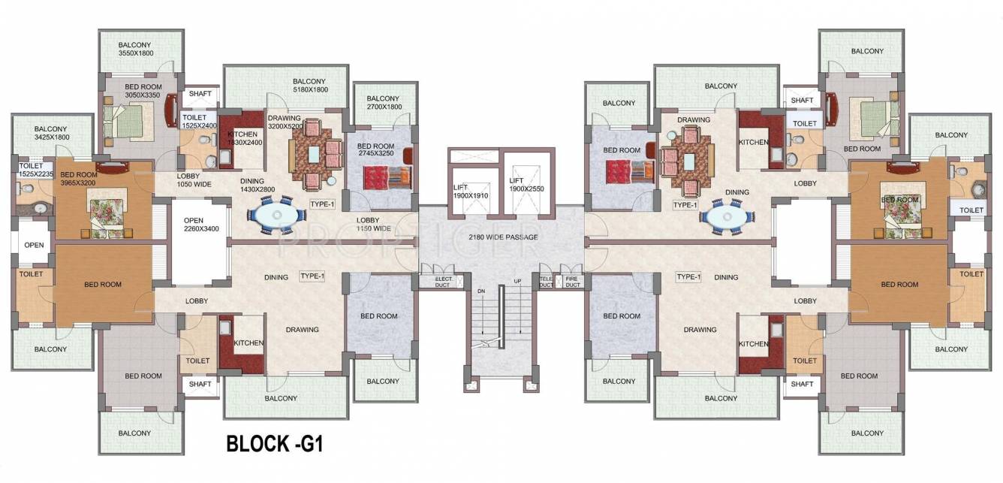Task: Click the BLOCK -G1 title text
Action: tap(276, 443)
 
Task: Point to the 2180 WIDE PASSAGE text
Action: tap(503, 237)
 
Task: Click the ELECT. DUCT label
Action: tap(443, 281)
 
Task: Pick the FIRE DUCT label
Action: tap(572, 281)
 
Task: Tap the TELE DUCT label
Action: tap(546, 281)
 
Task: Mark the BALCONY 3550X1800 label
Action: tap(135, 49)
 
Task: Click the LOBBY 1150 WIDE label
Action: tap(374, 223)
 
